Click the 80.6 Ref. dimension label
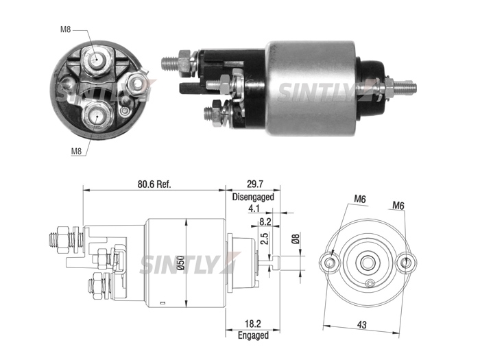[x=154, y=184]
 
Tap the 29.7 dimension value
[x=254, y=184]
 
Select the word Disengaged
[x=253, y=197]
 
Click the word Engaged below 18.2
[x=253, y=335]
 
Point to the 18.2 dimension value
[x=253, y=324]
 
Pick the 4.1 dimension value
[x=254, y=208]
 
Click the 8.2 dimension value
[x=265, y=221]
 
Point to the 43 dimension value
[x=361, y=325]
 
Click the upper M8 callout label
[x=66, y=29]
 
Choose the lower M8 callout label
[x=77, y=152]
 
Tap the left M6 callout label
[x=360, y=199]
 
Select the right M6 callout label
[x=398, y=206]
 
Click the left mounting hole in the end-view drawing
[x=330, y=263]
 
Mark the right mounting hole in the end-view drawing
[x=406, y=263]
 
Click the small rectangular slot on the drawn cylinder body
[x=163, y=303]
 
